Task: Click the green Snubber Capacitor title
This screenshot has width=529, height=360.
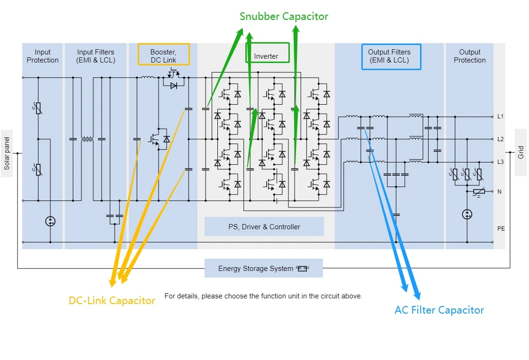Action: pyautogui.click(x=284, y=17)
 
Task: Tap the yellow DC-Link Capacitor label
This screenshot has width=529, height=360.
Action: pyautogui.click(x=112, y=301)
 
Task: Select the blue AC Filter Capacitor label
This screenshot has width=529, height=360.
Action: pyautogui.click(x=439, y=310)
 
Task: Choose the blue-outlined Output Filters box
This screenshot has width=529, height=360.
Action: pyautogui.click(x=391, y=56)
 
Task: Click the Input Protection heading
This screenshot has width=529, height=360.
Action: pyautogui.click(x=43, y=56)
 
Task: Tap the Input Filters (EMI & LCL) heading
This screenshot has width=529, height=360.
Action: pyautogui.click(x=96, y=56)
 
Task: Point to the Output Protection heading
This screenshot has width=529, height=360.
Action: pyautogui.click(x=469, y=56)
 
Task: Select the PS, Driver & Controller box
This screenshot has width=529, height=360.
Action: pyautogui.click(x=264, y=227)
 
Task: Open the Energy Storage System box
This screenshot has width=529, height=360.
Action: pyautogui.click(x=263, y=269)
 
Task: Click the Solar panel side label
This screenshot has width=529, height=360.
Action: pyautogui.click(x=7, y=153)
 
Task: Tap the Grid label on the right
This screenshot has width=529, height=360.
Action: pyautogui.click(x=520, y=153)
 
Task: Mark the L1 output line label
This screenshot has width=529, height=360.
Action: pyautogui.click(x=500, y=117)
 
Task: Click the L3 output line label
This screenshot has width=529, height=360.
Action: pyautogui.click(x=500, y=162)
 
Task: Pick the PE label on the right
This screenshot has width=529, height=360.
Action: pyautogui.click(x=501, y=229)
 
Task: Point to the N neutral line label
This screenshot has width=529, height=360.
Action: pyautogui.click(x=499, y=192)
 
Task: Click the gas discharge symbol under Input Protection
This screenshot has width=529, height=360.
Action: pyautogui.click(x=50, y=221)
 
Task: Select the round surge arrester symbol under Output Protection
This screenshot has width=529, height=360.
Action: pyautogui.click(x=467, y=215)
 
